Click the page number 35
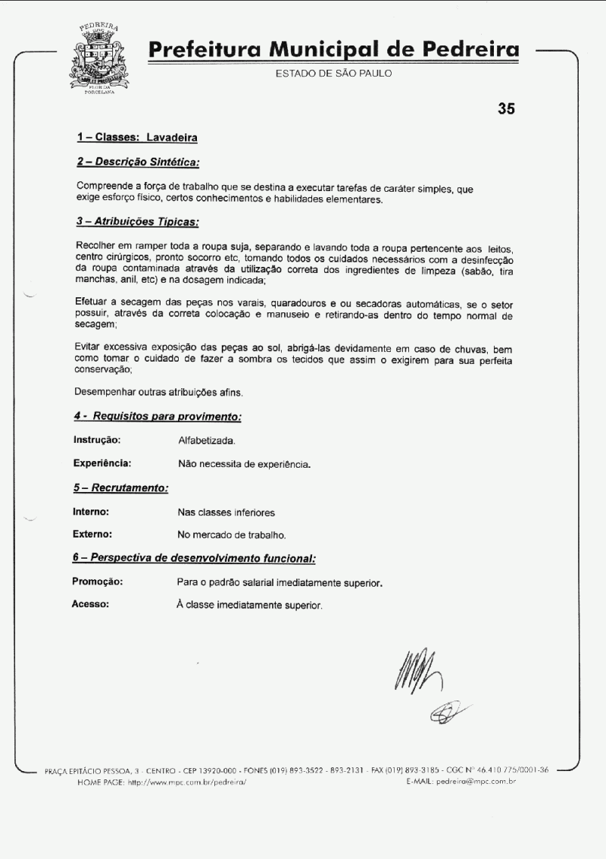pos(506,108)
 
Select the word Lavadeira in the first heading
pos(172,138)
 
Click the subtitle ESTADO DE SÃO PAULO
pos(334,74)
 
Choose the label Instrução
pos(97,440)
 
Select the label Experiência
pos(102,462)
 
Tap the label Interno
pos(91,512)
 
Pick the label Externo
pos(92,535)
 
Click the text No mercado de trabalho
pos(232,535)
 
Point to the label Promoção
pos(98,582)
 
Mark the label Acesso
pos(90,604)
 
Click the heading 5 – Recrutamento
pos(120,487)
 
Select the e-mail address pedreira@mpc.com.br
pos(476,781)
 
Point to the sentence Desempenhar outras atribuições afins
pos(169,393)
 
